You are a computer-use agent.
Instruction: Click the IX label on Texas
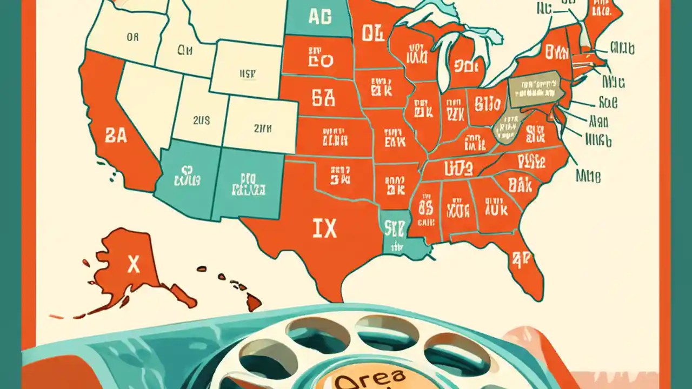[324, 229]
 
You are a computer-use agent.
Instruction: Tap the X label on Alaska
[133, 265]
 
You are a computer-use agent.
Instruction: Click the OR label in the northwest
[132, 37]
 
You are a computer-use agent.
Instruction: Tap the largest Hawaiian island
[253, 303]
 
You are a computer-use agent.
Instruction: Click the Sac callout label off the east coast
[608, 102]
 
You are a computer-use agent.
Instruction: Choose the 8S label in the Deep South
[425, 206]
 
